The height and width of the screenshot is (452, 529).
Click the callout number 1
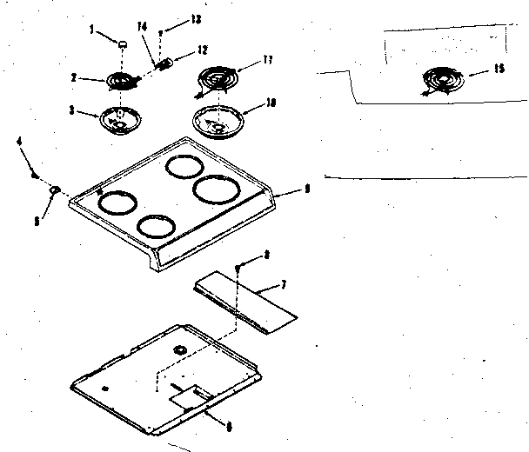91,30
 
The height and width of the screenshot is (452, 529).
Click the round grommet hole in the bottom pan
180,349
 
